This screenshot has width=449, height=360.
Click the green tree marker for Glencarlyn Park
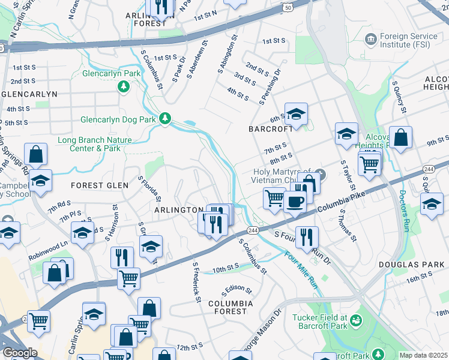(124, 87)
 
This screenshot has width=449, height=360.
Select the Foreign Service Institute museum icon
(371, 40)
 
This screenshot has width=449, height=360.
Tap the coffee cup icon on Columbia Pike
(294, 202)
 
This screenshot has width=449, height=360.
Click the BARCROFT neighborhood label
(271, 129)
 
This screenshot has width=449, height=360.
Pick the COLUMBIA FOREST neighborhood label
(228, 308)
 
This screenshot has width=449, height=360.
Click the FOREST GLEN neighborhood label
(100, 185)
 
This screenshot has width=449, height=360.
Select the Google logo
(20, 353)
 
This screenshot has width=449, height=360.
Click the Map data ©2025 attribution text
(423, 355)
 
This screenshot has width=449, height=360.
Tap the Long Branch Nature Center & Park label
(89, 144)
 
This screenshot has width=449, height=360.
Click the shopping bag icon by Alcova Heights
(400, 137)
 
